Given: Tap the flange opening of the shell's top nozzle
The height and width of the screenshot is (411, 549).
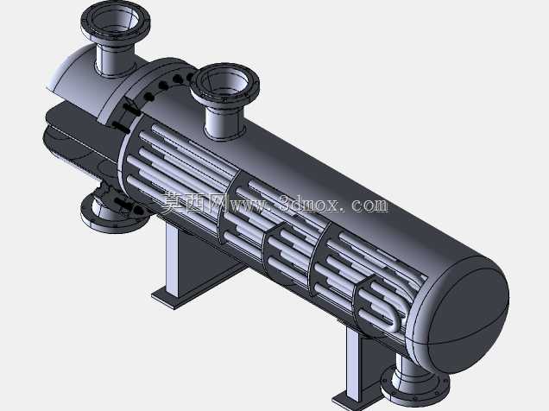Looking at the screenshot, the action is click(x=224, y=82).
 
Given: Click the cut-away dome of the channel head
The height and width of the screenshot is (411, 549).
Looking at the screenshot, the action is click(x=80, y=80).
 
